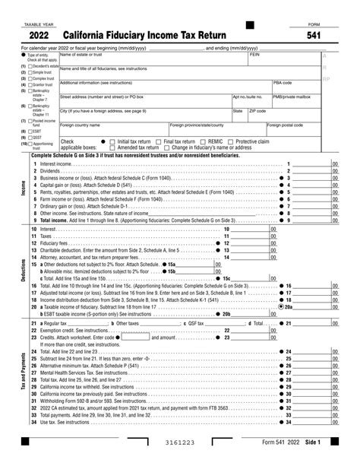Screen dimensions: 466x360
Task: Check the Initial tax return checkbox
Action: point(112,141)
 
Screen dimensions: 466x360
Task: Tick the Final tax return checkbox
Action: point(157,141)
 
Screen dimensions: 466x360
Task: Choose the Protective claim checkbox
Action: point(231,141)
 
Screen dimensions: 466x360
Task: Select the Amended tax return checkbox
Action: point(112,147)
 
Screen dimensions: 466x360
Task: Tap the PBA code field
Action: point(296,85)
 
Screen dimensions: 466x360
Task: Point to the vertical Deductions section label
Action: point(23,271)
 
